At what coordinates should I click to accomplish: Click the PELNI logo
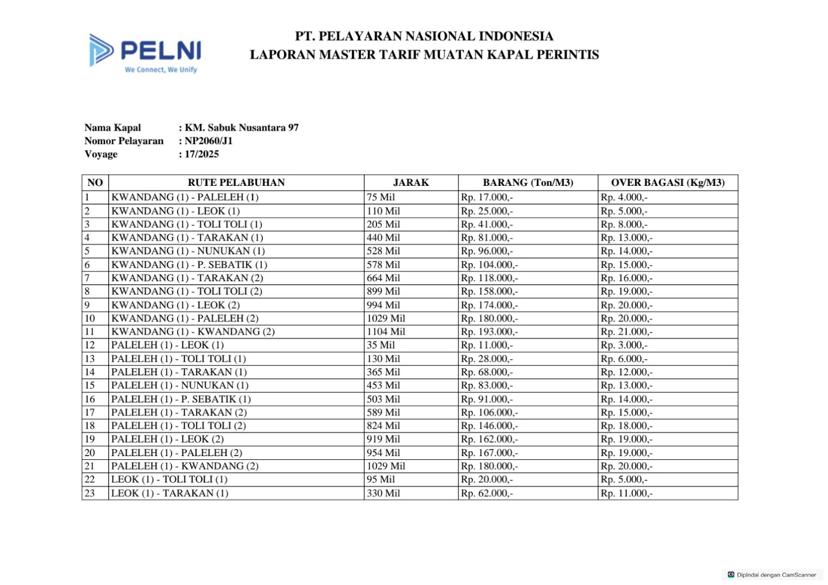click(145, 51)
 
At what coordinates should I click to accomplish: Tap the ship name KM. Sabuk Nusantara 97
click(242, 128)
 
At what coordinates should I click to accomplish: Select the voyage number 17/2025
click(202, 154)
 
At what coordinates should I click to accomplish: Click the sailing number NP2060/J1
click(209, 141)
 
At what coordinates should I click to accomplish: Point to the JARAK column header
click(411, 183)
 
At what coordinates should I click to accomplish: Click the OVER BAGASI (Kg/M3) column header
click(668, 183)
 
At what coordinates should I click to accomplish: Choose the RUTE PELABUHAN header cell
click(236, 183)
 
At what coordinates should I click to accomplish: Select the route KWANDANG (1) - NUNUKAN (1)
click(188, 251)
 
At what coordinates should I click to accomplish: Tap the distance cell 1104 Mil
click(386, 332)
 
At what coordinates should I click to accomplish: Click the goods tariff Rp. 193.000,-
click(489, 332)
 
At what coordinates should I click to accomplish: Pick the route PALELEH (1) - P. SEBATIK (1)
click(181, 399)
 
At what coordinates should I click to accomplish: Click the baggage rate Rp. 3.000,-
click(624, 345)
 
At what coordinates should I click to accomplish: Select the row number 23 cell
click(90, 493)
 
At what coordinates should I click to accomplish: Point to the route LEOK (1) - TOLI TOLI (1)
click(169, 479)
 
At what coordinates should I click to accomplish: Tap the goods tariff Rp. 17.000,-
click(486, 197)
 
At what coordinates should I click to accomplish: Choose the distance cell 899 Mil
click(383, 291)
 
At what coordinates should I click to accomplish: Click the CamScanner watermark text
click(776, 575)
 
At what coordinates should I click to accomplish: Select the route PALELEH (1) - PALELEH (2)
click(176, 453)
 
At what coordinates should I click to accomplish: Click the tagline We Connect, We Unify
click(161, 70)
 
